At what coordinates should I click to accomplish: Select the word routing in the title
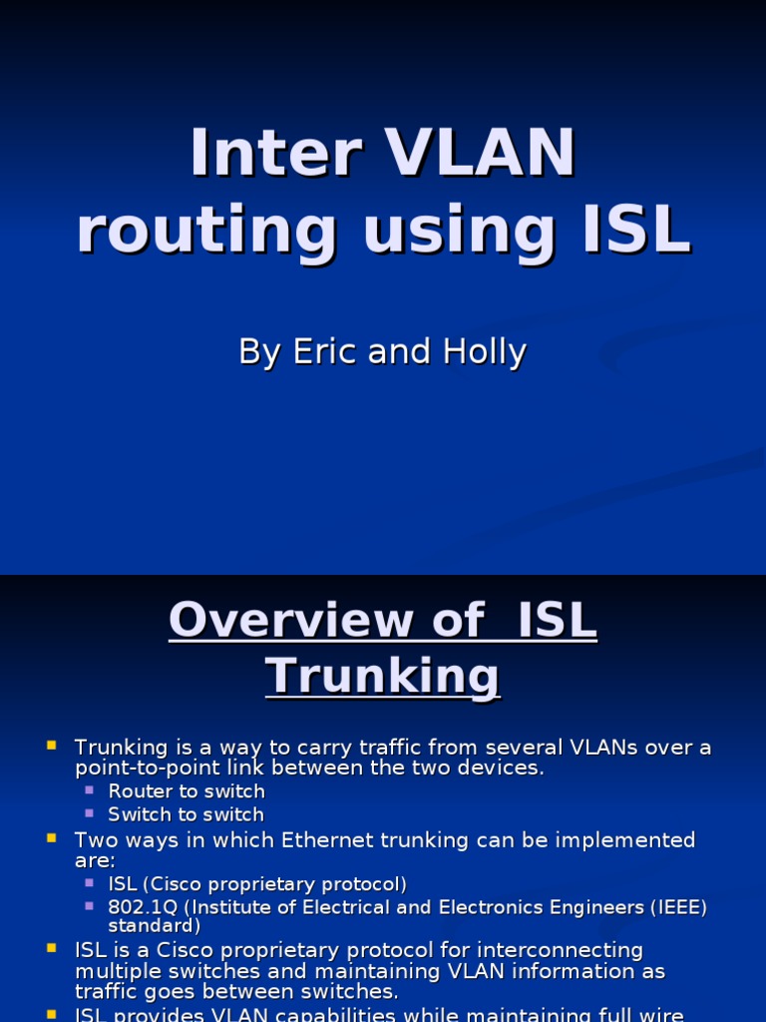(206, 231)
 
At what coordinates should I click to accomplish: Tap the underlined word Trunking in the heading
(382, 677)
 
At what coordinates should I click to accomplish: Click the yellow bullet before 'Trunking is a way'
(52, 745)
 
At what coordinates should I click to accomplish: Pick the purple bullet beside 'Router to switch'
(89, 790)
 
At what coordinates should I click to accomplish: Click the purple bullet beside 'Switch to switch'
(89, 813)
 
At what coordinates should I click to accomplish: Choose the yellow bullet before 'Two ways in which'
(52, 838)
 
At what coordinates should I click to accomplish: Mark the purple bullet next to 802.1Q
(89, 905)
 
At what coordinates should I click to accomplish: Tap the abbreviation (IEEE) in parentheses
(679, 907)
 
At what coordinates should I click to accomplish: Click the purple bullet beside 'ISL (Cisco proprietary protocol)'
(89, 883)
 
